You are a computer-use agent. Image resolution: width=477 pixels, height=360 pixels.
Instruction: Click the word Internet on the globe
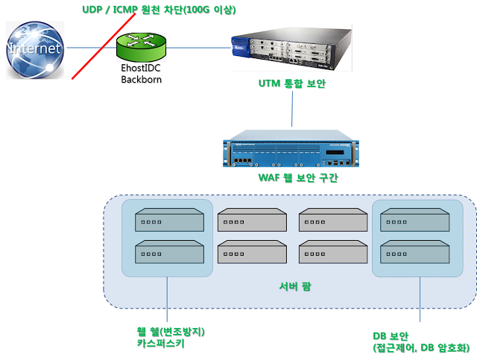tap(34, 48)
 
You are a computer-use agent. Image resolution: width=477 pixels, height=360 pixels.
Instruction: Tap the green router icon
tap(141, 48)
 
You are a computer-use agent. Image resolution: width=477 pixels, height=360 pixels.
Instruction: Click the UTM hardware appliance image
tap(291, 47)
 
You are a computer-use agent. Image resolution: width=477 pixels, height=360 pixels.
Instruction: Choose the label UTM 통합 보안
tap(291, 83)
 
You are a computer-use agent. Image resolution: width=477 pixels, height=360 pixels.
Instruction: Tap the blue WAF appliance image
tap(291, 148)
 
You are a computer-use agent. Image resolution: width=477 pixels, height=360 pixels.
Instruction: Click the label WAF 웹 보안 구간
tap(292, 177)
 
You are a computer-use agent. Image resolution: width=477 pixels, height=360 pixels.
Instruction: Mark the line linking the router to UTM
tap(198, 48)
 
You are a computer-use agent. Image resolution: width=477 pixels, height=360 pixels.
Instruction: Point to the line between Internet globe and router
tap(89, 48)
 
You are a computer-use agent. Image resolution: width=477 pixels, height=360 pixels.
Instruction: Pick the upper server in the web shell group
tap(168, 221)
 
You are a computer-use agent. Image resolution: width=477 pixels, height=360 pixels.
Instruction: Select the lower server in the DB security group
tap(414, 252)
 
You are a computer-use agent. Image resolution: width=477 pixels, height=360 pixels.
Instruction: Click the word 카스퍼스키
tap(160, 344)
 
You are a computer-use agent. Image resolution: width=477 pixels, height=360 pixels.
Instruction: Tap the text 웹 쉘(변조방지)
tap(170, 331)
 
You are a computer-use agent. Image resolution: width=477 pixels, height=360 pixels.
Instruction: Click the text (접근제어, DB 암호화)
tap(420, 347)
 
